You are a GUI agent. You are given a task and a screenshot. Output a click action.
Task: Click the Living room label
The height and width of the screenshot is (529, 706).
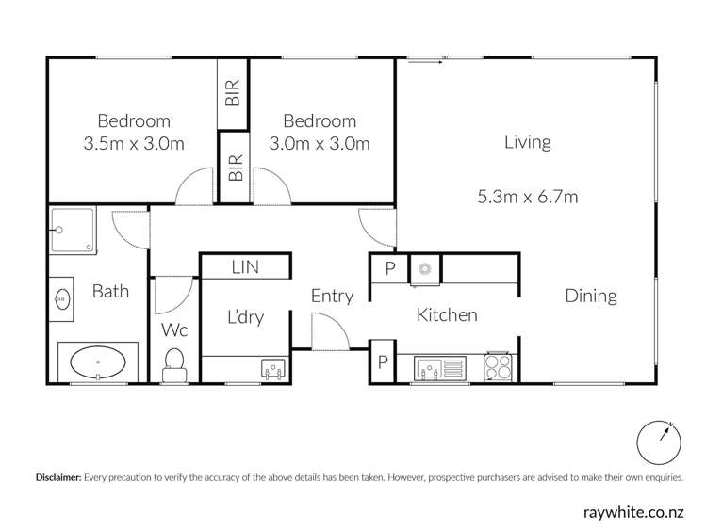click(527, 143)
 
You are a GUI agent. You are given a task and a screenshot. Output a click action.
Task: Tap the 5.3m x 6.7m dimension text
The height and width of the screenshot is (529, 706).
click(527, 198)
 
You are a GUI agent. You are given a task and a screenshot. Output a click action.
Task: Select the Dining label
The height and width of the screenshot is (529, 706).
click(590, 296)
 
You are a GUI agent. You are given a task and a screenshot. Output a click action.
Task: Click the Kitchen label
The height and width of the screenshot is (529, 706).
click(447, 315)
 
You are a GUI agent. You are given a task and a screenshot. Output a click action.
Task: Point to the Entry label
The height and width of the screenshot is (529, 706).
click(332, 297)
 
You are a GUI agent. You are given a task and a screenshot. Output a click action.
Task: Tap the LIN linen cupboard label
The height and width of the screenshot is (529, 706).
click(244, 268)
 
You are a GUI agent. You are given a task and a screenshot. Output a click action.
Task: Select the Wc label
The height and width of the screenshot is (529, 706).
click(174, 330)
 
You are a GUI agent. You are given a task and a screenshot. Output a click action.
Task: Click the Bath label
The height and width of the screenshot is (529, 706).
click(110, 291)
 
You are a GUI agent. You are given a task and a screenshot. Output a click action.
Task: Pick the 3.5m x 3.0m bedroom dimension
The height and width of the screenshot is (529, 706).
click(134, 144)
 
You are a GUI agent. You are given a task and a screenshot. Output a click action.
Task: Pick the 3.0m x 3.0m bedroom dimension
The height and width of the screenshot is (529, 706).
click(320, 144)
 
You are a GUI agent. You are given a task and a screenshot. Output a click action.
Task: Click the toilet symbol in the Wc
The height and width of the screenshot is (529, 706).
click(174, 361)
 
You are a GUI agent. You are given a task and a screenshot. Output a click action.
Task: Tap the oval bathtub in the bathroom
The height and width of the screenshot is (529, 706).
click(98, 361)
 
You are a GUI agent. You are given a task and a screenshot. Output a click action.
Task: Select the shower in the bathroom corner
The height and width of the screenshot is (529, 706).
click(73, 231)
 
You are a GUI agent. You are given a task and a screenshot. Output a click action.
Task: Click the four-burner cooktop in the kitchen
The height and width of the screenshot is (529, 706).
click(499, 366)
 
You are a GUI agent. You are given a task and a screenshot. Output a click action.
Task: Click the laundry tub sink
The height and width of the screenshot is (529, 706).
click(273, 369)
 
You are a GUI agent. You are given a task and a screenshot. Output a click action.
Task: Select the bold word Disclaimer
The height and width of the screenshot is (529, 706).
click(57, 478)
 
